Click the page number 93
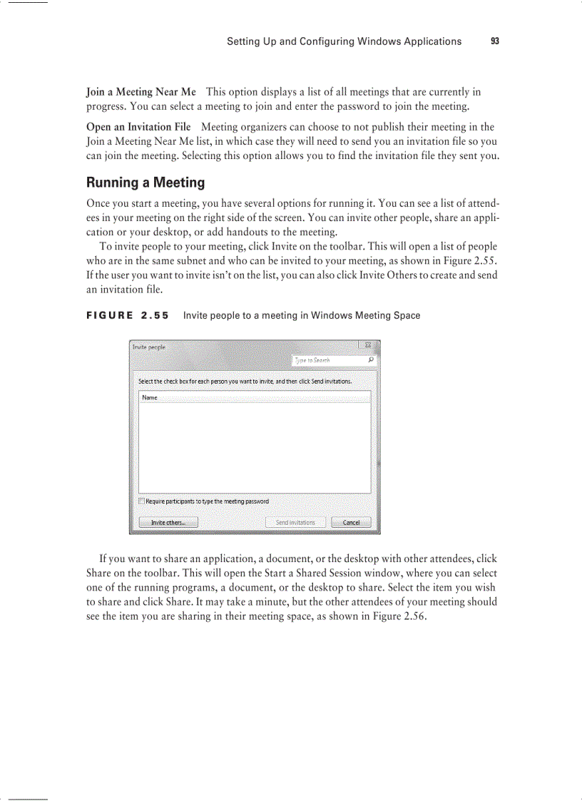[x=495, y=41]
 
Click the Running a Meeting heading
[x=145, y=183]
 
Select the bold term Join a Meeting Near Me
[x=141, y=92]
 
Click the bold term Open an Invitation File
[x=138, y=127]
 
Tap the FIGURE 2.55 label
[x=128, y=315]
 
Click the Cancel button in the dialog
[x=351, y=522]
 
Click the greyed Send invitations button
[x=295, y=522]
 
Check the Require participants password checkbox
[x=142, y=501]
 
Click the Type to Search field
[x=328, y=360]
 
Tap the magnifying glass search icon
[x=371, y=360]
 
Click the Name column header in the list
[x=150, y=397]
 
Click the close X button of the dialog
[x=368, y=346]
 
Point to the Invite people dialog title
[x=148, y=347]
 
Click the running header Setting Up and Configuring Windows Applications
[x=344, y=41]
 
